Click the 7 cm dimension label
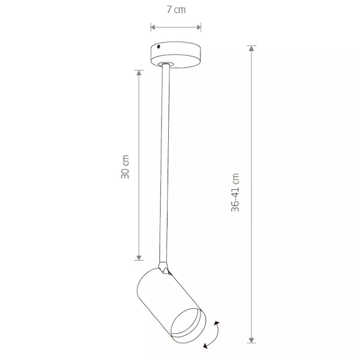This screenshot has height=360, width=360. pos(176,10)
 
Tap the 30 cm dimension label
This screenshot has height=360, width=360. pos(125,167)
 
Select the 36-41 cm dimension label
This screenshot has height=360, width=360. pos(235,192)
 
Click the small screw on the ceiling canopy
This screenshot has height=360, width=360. pos(158,47)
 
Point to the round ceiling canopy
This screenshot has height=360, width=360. pos(176,55)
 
